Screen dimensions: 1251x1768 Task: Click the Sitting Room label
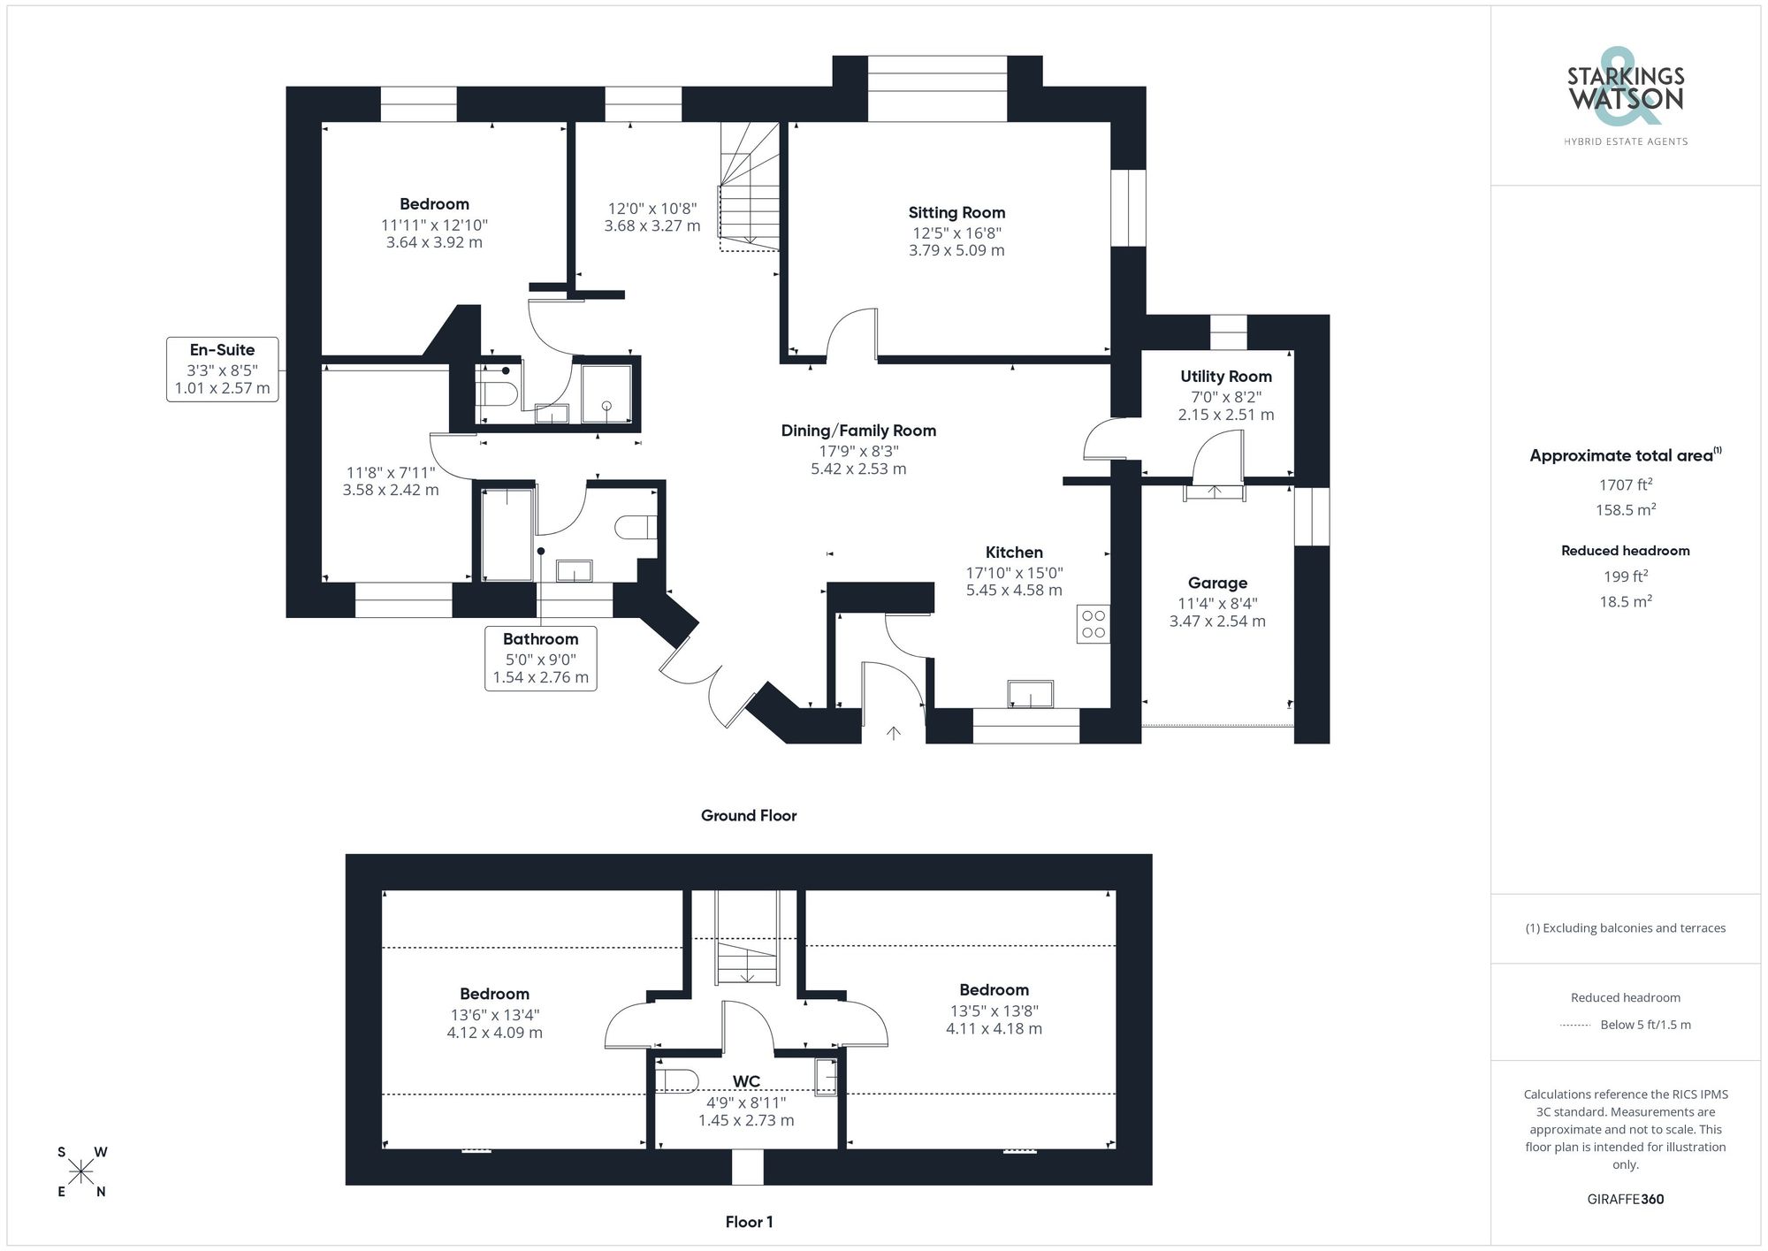956,212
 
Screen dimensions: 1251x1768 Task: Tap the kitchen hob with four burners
1094,624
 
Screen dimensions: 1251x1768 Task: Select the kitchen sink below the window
1031,694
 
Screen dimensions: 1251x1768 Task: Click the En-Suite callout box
223,369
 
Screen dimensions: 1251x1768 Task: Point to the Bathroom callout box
540,658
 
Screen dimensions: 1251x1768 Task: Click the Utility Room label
1226,377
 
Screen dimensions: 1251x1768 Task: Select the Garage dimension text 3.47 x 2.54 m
1217,622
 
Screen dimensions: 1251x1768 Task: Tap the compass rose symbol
81,1172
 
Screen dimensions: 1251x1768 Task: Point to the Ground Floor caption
749,816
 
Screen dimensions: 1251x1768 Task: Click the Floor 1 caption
749,1222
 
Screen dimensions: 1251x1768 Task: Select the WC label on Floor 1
746,1082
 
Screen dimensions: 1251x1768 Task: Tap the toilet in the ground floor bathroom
636,528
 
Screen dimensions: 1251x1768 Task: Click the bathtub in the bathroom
507,534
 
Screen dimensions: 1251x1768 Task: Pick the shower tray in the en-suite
606,394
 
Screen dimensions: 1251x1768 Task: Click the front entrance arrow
894,732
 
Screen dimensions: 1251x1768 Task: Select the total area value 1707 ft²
1626,484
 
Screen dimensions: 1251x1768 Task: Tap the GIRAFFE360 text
1626,1200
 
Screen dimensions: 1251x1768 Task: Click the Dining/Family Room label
858,431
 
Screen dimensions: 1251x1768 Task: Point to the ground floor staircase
750,186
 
